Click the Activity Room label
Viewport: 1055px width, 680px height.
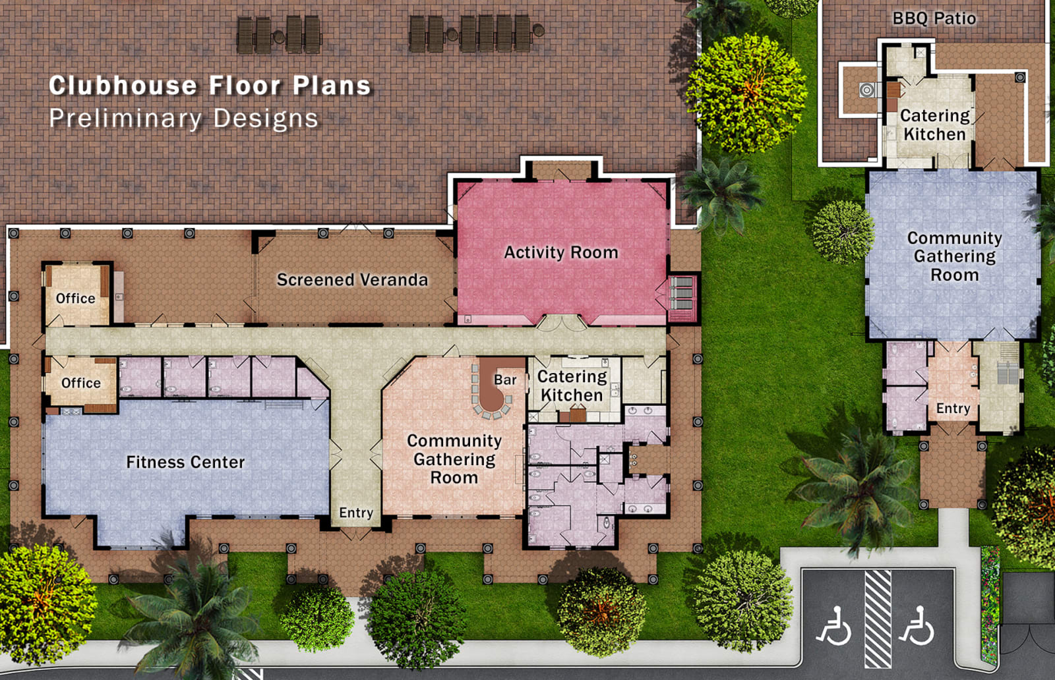click(x=561, y=252)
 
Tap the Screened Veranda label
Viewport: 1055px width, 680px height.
click(x=352, y=280)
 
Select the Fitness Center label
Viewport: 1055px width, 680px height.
click(x=185, y=462)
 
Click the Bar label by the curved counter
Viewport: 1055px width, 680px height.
click(x=505, y=380)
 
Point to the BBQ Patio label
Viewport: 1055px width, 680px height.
click(x=934, y=18)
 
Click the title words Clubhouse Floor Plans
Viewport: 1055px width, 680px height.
click(x=210, y=86)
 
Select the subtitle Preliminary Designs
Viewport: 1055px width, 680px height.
click(x=183, y=119)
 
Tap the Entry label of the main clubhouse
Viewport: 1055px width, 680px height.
click(x=356, y=513)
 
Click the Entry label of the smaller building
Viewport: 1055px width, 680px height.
click(x=953, y=409)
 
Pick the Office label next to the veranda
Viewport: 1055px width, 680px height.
click(x=75, y=298)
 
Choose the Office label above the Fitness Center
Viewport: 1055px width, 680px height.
click(x=81, y=383)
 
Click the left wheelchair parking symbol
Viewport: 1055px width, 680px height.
click(x=834, y=627)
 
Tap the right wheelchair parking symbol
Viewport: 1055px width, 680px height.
click(x=917, y=627)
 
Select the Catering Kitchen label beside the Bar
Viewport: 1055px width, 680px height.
click(x=572, y=386)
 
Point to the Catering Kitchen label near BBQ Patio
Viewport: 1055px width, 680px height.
click(x=934, y=125)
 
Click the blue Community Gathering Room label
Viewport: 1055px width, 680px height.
click(x=954, y=256)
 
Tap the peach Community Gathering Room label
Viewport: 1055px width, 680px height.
click(x=454, y=459)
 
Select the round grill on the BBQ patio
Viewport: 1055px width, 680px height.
click(x=868, y=90)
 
